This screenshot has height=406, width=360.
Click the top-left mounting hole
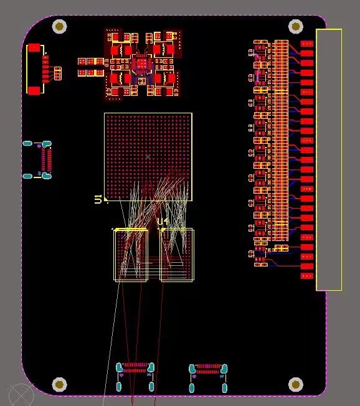(x=60, y=26)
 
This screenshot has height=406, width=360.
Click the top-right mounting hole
(x=296, y=26)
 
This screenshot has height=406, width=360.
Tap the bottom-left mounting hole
(x=60, y=384)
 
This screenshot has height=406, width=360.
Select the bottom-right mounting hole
(x=296, y=384)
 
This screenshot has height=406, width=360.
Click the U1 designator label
(x=98, y=199)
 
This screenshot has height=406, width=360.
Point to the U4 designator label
(x=163, y=222)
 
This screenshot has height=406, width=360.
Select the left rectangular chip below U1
(x=131, y=255)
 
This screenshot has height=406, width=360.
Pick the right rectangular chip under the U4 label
(x=178, y=255)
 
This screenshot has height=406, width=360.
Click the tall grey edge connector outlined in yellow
(x=329, y=159)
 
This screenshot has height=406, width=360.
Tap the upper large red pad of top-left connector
(x=34, y=47)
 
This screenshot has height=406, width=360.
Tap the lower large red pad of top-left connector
(x=34, y=90)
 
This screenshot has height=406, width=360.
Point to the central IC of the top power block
(x=141, y=64)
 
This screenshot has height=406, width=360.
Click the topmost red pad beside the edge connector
(x=307, y=44)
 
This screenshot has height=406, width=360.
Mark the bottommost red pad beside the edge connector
(x=307, y=275)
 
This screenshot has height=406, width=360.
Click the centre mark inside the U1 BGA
(x=148, y=156)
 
